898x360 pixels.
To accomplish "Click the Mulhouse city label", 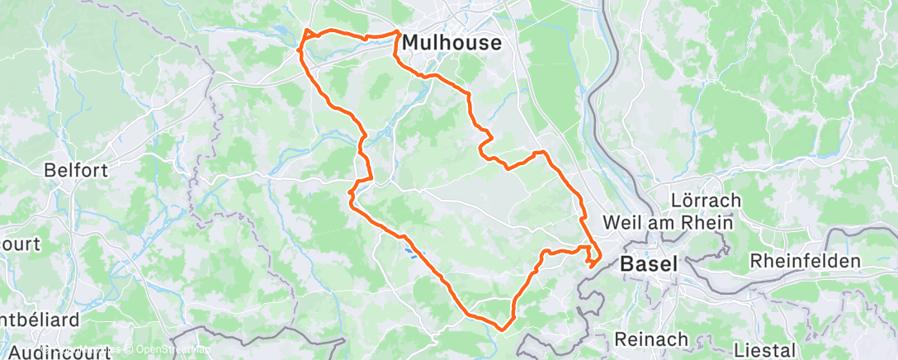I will point(451,44).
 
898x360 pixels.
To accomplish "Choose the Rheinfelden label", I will point(805,262).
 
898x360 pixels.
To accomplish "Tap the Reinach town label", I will point(651,339).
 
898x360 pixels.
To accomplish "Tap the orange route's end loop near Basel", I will point(593,263).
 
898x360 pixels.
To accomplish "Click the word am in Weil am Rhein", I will point(667,223).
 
